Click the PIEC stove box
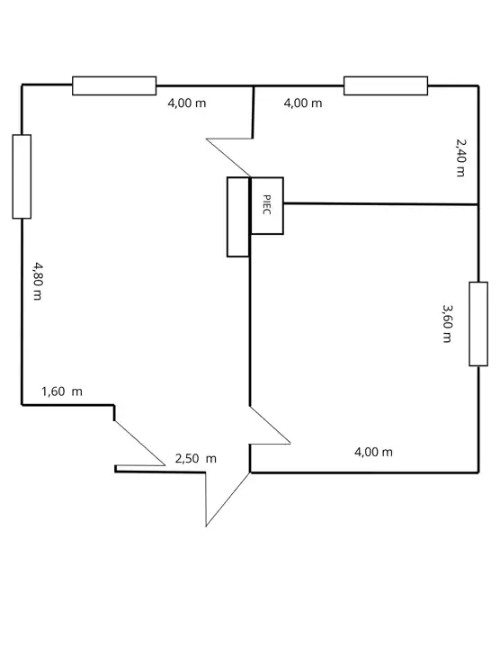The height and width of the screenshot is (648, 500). (267, 206)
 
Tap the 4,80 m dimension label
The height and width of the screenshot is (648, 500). (38, 281)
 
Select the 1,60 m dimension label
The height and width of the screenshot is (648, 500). (62, 391)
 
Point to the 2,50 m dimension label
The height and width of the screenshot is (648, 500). (196, 458)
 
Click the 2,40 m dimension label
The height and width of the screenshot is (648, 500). (460, 157)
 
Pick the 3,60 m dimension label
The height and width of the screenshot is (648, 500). (447, 324)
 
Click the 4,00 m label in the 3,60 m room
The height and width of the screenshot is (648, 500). (374, 452)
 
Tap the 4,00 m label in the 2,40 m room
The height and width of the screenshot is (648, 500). (303, 103)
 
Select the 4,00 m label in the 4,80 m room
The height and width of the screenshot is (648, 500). (187, 103)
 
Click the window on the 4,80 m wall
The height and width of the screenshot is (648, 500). (22, 176)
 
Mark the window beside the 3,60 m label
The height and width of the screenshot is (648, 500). (478, 324)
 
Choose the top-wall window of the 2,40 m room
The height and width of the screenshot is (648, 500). (386, 85)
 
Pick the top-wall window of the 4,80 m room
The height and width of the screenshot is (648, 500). (114, 85)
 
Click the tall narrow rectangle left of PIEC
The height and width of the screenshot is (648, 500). (238, 217)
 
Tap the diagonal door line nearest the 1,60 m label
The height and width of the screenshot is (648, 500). (139, 443)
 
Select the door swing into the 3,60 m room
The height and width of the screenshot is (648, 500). (270, 425)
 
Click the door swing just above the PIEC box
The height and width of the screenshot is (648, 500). (228, 157)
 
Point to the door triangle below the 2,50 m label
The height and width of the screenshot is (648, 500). (228, 499)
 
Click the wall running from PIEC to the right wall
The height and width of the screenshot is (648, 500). (381, 203)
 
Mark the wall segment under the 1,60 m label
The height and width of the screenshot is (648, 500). (68, 405)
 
